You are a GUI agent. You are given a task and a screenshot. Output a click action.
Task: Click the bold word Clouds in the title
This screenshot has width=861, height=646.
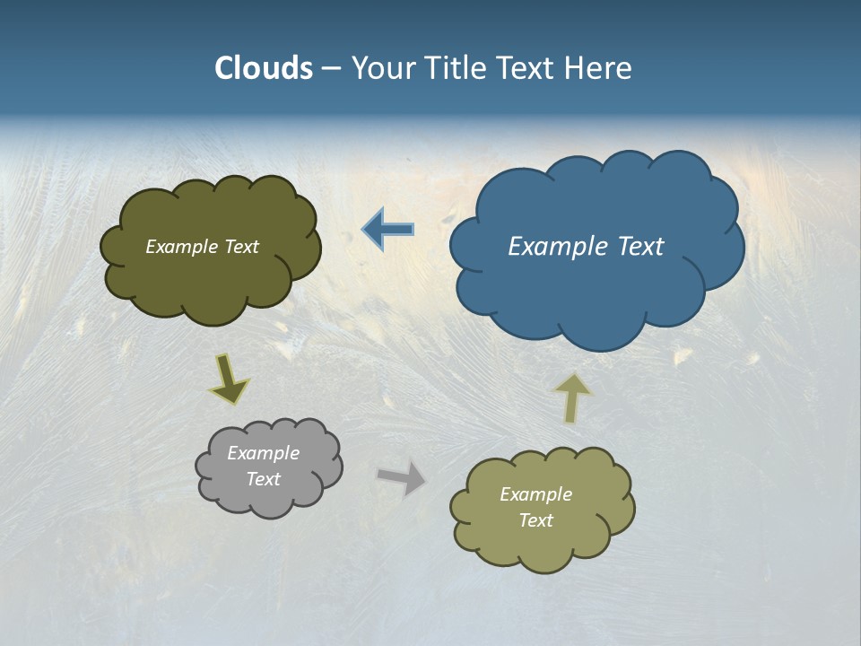pos(263,68)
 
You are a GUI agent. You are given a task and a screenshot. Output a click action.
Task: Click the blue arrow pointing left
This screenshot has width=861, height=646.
pos(388,230)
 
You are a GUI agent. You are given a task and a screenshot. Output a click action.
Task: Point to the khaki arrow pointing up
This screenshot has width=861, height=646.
pos(572,397)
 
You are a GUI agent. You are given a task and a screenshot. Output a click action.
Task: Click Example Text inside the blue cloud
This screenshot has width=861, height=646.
pos(586,247)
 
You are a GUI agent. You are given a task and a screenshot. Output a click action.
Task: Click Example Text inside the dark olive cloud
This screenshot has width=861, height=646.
pos(202,247)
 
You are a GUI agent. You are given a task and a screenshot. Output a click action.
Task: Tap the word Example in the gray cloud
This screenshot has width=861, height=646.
pos(263,453)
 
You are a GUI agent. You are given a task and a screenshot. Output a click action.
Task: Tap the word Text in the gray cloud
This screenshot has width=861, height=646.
pos(263,479)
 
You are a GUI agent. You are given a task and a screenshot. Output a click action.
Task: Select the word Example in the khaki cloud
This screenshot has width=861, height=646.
pos(535,494)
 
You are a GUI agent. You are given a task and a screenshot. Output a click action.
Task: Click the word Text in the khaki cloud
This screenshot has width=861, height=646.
pos(535,520)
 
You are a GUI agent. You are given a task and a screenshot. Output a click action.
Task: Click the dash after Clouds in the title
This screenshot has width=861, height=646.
pos(330,69)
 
